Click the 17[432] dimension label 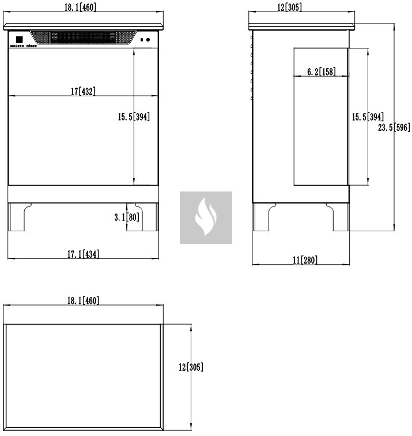[83, 91]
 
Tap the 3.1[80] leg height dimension [127, 217]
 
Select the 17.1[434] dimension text [84, 254]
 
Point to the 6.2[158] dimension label [321, 72]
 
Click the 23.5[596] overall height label [394, 127]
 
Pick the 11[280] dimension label [305, 260]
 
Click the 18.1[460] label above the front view [80, 7]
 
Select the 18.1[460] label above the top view [84, 300]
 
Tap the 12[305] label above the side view [289, 7]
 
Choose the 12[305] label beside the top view [191, 367]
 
